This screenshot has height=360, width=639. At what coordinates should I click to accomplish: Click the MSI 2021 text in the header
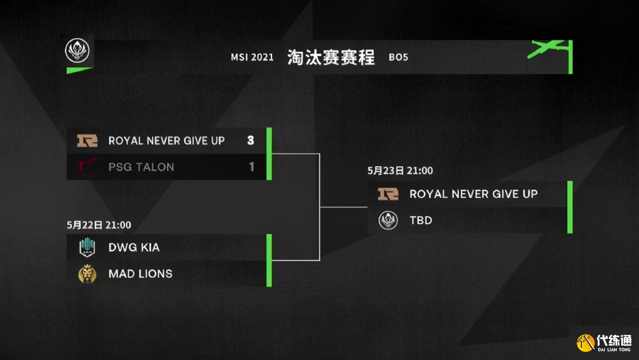coord(252,57)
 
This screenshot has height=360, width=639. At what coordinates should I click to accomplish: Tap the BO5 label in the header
coord(399,57)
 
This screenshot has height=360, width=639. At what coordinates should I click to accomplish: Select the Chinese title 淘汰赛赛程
coord(331,57)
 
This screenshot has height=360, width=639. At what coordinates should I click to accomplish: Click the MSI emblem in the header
coord(77,51)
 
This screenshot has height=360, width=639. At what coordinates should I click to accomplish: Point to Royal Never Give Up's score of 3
coord(251,140)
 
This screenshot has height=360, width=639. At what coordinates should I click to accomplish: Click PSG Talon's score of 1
coord(251,167)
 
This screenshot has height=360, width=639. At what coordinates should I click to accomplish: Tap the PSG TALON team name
coord(141,167)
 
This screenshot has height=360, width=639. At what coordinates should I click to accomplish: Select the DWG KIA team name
coord(134,247)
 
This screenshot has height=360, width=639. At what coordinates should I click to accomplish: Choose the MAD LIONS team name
coord(141,274)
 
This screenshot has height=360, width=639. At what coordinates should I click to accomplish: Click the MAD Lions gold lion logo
coord(87,274)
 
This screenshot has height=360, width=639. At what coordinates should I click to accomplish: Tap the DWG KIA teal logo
coord(87,247)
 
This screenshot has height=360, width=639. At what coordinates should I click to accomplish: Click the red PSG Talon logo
coord(87,167)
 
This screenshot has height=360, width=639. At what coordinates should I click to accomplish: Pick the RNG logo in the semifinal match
coord(87,141)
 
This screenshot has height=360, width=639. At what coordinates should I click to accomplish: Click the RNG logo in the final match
coord(388,194)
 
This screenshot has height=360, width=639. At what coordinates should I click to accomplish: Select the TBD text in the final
coord(421,220)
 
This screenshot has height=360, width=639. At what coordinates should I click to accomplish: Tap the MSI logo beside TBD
coord(388,220)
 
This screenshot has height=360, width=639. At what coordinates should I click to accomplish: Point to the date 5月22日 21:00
coord(99,225)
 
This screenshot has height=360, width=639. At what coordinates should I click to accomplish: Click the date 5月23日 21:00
coord(400,171)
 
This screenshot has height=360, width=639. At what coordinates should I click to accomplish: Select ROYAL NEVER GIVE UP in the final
coord(474,194)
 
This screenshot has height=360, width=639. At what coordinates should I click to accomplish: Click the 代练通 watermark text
coord(614,341)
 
